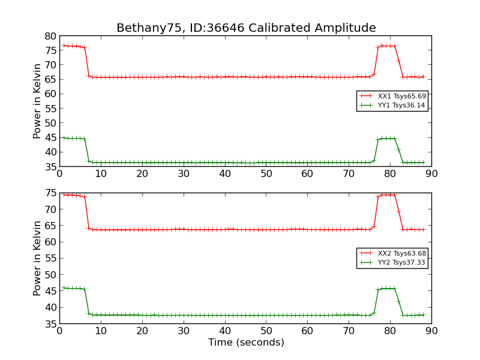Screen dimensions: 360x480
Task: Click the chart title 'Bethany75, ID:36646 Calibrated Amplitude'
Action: (x=246, y=28)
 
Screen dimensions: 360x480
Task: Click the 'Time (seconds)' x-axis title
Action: (x=246, y=343)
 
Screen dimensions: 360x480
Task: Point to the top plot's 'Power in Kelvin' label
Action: (x=37, y=101)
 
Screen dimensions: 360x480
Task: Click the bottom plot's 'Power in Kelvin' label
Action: (x=37, y=258)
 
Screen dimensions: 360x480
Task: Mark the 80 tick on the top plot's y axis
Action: (x=50, y=36)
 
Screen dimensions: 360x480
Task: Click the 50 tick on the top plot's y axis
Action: (x=50, y=123)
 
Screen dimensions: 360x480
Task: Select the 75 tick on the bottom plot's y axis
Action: (x=50, y=193)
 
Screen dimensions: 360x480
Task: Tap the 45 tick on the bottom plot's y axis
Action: (x=50, y=291)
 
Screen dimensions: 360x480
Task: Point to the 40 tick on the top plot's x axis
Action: (x=225, y=174)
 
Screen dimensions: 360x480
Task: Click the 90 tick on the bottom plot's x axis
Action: (x=431, y=331)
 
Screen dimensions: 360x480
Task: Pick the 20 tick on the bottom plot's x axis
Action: (x=142, y=331)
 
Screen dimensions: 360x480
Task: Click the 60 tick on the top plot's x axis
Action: (x=308, y=174)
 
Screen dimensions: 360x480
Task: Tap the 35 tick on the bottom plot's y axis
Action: (x=50, y=323)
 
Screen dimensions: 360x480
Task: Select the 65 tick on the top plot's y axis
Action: (x=50, y=79)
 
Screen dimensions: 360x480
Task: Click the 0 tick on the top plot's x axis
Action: (x=59, y=174)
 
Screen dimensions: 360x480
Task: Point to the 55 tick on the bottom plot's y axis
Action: (x=50, y=259)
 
